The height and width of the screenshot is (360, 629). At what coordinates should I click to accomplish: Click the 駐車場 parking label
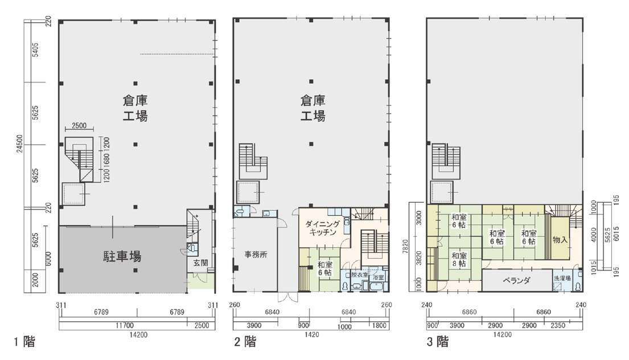pyautogui.click(x=122, y=256)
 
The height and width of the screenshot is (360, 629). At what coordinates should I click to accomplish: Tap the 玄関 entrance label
pyautogui.click(x=200, y=263)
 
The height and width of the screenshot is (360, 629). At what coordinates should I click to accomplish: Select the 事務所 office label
pyautogui.click(x=256, y=255)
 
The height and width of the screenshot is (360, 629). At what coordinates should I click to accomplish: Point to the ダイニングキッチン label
pyautogui.click(x=323, y=228)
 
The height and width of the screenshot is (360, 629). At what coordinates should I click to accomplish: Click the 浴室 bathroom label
pyautogui.click(x=379, y=277)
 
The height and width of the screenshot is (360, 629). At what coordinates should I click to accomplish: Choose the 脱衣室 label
pyautogui.click(x=359, y=275)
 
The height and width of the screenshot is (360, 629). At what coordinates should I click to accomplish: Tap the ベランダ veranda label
pyautogui.click(x=516, y=280)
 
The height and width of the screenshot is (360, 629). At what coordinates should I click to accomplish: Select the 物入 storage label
pyautogui.click(x=560, y=240)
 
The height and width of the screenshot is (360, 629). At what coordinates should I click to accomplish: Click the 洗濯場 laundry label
pyautogui.click(x=562, y=278)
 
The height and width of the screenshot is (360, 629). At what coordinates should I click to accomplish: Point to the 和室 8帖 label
pyautogui.click(x=459, y=259)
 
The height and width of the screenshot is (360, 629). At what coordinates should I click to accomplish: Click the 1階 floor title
pyautogui.click(x=25, y=342)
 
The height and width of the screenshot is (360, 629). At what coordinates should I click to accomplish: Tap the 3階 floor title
pyautogui.click(x=437, y=342)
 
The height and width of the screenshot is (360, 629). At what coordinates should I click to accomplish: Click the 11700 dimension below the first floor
pyautogui.click(x=124, y=325)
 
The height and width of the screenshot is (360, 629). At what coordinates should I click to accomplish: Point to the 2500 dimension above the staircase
pyautogui.click(x=79, y=126)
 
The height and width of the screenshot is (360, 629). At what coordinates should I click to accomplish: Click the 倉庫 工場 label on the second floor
pyautogui.click(x=313, y=108)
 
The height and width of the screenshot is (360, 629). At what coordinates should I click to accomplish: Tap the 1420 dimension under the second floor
pyautogui.click(x=312, y=334)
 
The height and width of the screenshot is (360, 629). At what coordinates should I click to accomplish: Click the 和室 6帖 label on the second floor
pyautogui.click(x=325, y=268)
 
